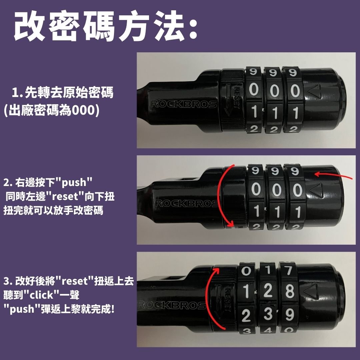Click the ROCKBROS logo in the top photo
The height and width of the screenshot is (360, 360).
(x=184, y=104)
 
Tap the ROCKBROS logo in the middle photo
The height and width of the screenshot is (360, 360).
(x=187, y=203)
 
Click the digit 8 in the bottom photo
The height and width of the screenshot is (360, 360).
(x=290, y=291)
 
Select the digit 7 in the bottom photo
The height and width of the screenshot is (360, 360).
(x=289, y=270)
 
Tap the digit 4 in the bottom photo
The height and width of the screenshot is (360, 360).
(x=268, y=331)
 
